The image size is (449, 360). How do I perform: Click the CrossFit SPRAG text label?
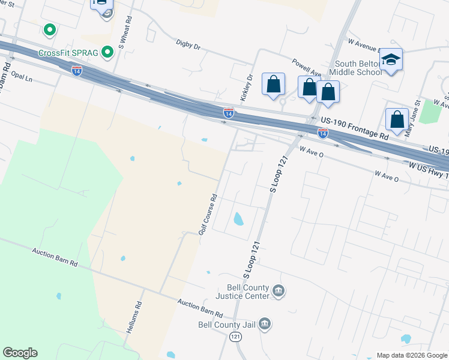(x=67, y=53)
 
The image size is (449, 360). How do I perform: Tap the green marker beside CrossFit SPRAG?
(x=107, y=53)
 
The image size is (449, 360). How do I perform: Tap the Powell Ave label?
(x=306, y=66)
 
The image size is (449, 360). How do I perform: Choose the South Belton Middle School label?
(x=358, y=68)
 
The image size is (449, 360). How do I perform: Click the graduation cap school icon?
(x=391, y=60)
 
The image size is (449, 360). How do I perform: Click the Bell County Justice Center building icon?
(x=278, y=292)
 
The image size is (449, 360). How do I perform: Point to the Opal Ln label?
(x=21, y=79)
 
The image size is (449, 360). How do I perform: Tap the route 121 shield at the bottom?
(x=236, y=338)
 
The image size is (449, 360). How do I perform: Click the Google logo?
(x=20, y=353)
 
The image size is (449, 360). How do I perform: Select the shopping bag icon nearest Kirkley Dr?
(x=274, y=85)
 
